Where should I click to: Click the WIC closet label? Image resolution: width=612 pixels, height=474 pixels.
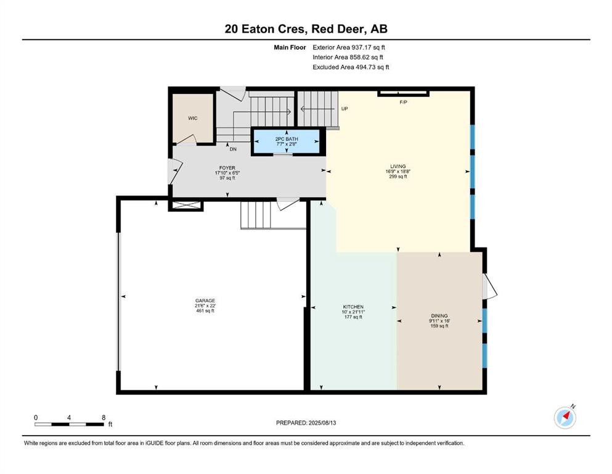pyautogui.click(x=193, y=118)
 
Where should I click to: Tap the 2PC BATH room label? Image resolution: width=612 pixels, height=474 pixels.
pyautogui.click(x=287, y=139)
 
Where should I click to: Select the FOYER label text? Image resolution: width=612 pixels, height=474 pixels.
pyautogui.click(x=227, y=168)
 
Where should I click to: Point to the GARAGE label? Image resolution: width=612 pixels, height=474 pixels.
pyautogui.click(x=205, y=301)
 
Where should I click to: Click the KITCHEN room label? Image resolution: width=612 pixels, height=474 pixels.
pyautogui.click(x=353, y=307)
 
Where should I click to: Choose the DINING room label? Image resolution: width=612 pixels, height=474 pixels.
pyautogui.click(x=439, y=316)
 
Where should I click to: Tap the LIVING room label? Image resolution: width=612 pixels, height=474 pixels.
pyautogui.click(x=398, y=166)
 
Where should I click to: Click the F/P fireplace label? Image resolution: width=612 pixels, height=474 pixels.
pyautogui.click(x=404, y=102)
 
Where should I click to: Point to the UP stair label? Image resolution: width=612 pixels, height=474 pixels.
pyautogui.click(x=345, y=109)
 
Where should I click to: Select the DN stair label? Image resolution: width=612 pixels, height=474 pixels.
pyautogui.click(x=233, y=149)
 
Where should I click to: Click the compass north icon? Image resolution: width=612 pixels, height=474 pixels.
pyautogui.click(x=565, y=417)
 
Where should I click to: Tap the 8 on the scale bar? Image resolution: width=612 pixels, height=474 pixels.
pyautogui.click(x=104, y=417)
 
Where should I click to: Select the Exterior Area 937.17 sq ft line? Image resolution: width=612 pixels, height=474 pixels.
pyautogui.click(x=349, y=48)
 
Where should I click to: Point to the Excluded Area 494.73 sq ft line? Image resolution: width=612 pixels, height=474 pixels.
pyautogui.click(x=351, y=67)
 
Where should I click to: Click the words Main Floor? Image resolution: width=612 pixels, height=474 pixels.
pyautogui.click(x=290, y=48)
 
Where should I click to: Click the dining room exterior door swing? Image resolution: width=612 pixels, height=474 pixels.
pyautogui.click(x=489, y=286)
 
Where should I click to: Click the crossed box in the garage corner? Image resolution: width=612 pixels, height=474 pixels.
pyautogui.click(x=186, y=206)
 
